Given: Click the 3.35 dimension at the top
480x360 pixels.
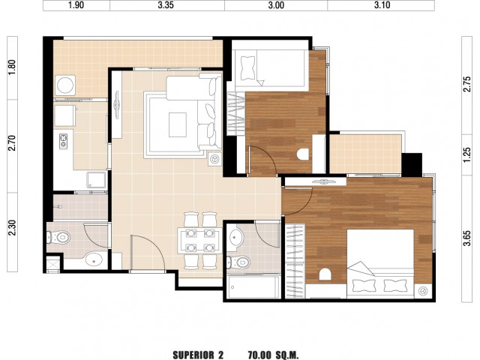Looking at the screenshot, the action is coord(166,5).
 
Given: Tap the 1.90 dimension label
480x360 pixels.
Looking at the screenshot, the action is coord(76,5).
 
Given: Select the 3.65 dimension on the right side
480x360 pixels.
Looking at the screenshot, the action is coord(467,238).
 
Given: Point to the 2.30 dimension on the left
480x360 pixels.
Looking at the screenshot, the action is coord(12,228).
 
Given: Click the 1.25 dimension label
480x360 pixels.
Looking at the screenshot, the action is coord(467,155).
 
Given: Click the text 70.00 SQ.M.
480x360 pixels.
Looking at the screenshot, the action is coord(273,355).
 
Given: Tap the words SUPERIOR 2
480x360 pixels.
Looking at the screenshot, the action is coord(198,355).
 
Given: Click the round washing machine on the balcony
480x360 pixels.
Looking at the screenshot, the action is coord(65,85).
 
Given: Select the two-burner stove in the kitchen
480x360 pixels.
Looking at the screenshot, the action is coord(63,142).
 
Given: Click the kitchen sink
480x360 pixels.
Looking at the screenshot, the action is coord(96,180).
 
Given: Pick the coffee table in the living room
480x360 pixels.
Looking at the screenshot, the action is coord(178,125).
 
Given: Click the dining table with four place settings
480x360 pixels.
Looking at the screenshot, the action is coord(200,241).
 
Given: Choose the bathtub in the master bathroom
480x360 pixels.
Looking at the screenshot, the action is coord(254,286).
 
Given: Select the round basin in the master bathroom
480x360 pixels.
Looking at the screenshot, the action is coord(235,237).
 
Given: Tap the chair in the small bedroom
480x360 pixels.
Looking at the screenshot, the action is coord(303,154).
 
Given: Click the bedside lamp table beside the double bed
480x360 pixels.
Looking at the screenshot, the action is coord(423,291).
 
